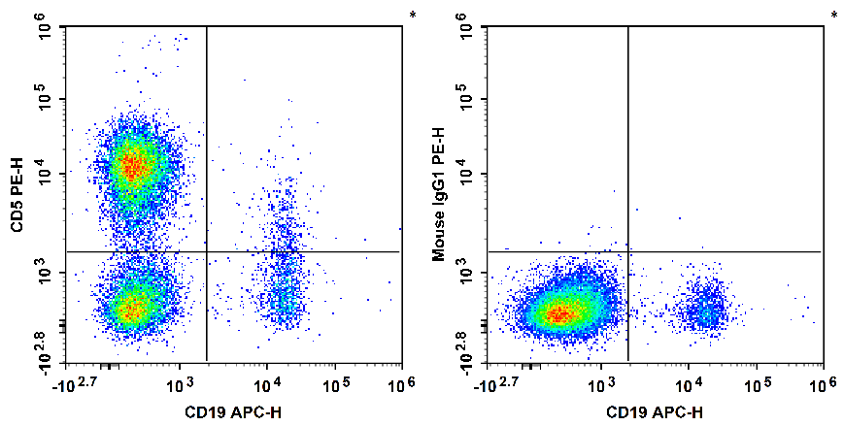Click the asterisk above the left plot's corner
click(413, 16)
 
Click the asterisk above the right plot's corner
click(834, 16)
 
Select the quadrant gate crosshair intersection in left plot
click(207, 252)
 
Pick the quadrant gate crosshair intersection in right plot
click(628, 252)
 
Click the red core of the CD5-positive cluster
click(133, 168)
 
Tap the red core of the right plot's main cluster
click(557, 313)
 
